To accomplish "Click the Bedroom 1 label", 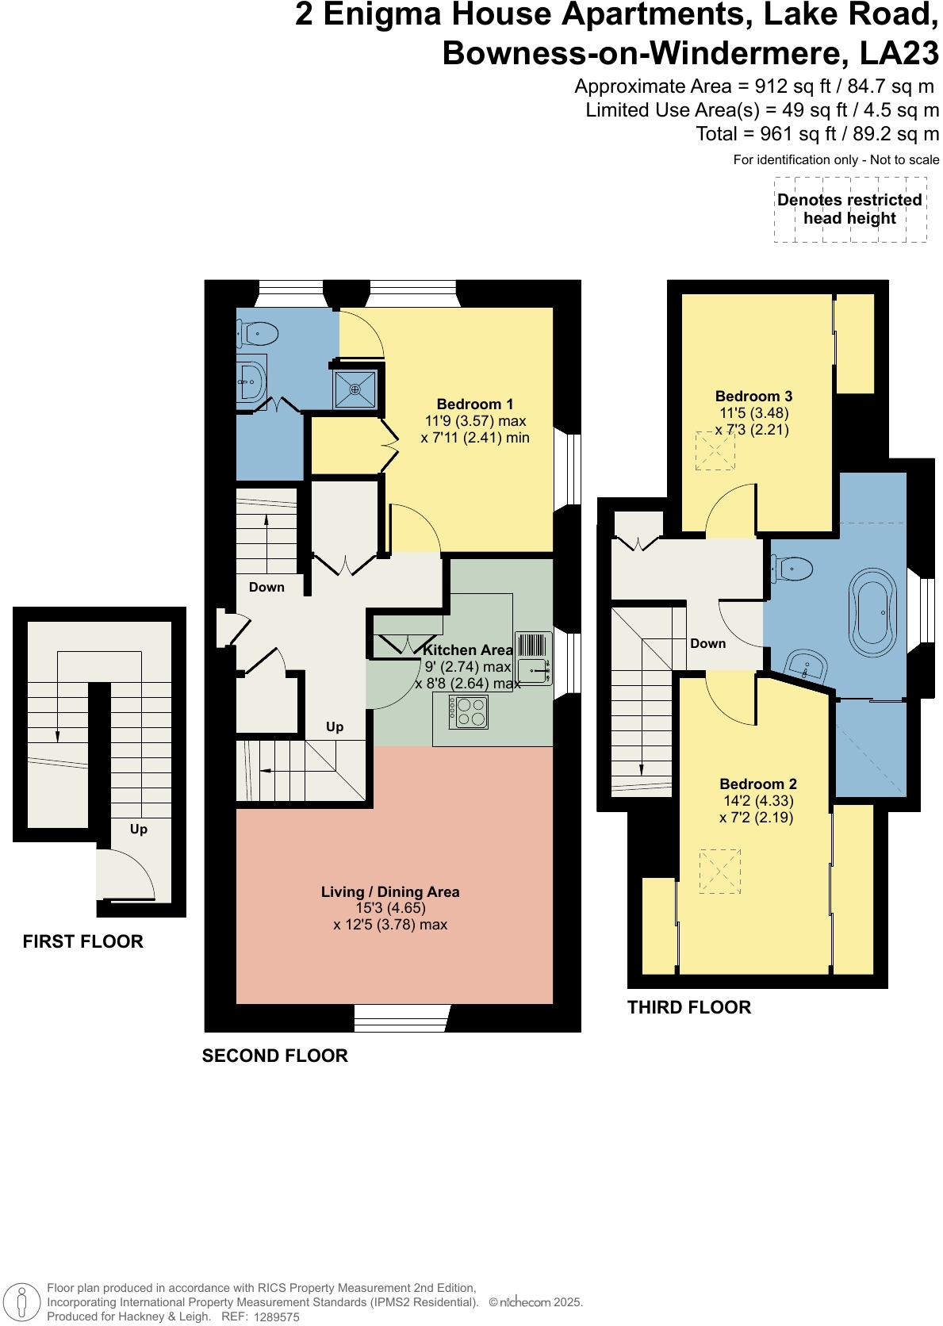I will click(474, 404).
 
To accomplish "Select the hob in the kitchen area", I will click(468, 711).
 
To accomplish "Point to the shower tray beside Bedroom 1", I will click(355, 389).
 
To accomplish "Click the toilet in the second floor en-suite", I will click(256, 334).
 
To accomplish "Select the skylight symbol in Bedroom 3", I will click(715, 451).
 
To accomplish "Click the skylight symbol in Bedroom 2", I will click(719, 872).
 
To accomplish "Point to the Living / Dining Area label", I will click(390, 892).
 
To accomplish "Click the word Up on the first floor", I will click(138, 830).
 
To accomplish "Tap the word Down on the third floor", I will click(707, 644).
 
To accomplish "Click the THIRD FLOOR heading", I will click(688, 1008).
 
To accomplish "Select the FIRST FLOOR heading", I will click(82, 942).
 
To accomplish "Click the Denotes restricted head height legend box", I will click(849, 209).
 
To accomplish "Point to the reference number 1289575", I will click(276, 1316).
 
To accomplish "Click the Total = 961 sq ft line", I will click(817, 134).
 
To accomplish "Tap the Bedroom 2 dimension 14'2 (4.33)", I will click(758, 801).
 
